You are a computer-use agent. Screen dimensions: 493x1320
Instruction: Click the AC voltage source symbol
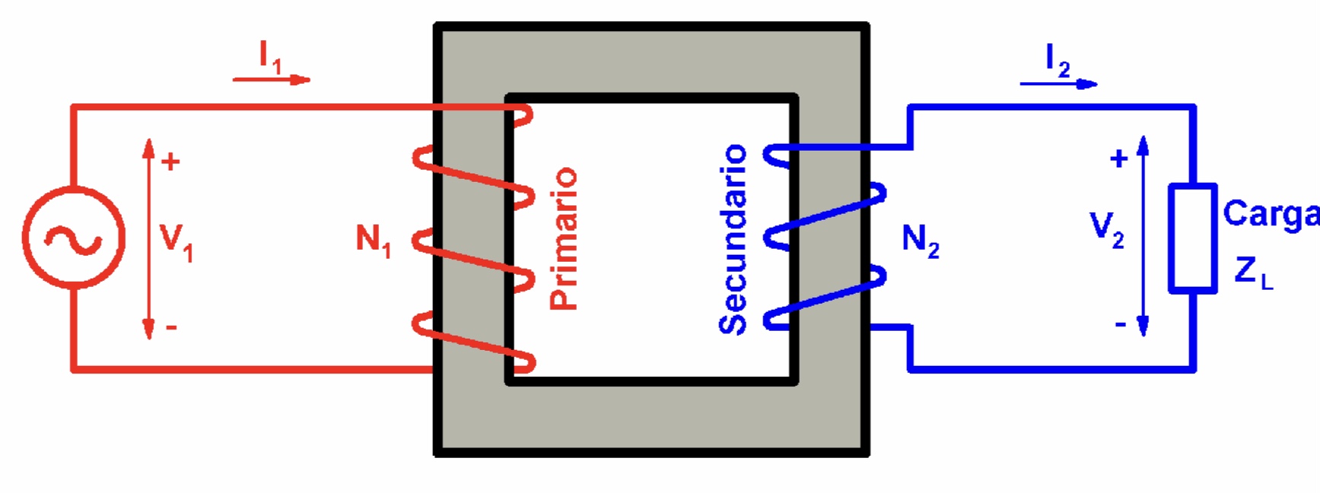point(74,238)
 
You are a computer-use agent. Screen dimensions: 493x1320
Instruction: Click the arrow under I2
point(1058,84)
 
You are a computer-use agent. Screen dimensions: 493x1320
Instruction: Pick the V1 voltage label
point(176,241)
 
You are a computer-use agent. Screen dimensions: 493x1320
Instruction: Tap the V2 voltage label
point(1106,229)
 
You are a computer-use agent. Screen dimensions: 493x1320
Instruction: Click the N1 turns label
point(374,240)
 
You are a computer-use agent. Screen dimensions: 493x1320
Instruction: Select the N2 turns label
point(920,240)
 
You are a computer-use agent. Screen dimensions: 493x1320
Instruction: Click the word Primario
point(564,238)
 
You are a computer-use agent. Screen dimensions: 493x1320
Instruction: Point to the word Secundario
point(733,239)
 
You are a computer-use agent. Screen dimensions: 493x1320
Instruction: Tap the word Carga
point(1270,214)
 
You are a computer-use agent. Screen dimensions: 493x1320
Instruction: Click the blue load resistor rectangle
point(1192,237)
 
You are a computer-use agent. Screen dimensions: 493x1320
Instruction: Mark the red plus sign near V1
point(170,161)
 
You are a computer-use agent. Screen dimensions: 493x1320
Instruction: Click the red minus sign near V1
point(171,327)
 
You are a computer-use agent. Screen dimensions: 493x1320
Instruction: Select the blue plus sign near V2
point(1118,159)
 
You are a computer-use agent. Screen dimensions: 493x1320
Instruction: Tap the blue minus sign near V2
point(1120,324)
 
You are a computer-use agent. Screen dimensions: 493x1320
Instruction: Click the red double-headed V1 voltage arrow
point(149,238)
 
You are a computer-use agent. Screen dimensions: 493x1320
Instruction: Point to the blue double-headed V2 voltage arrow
point(1143,236)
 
